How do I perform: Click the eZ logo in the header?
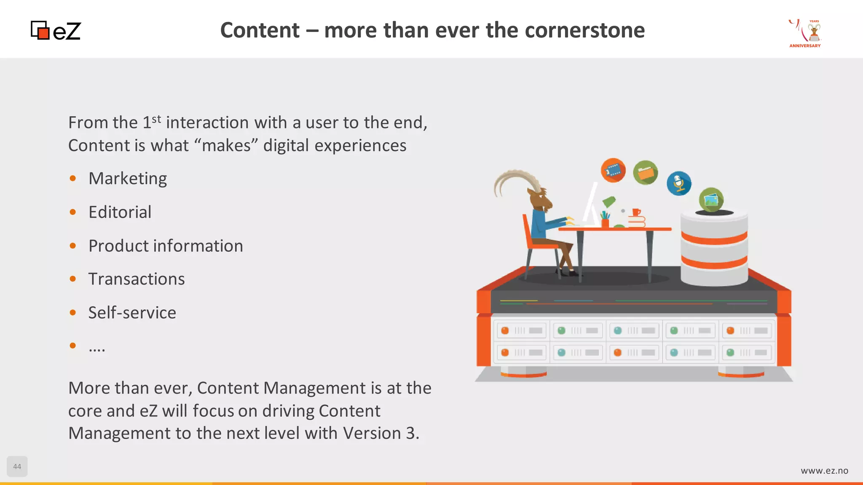click(56, 31)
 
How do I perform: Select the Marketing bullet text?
click(128, 179)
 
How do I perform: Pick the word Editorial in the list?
click(120, 212)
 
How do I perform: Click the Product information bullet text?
click(166, 246)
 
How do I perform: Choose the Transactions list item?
click(137, 279)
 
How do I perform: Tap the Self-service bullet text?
click(132, 313)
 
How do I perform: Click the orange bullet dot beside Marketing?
click(73, 179)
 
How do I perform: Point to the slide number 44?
click(17, 466)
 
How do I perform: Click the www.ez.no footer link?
click(824, 471)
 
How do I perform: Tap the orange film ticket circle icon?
click(613, 171)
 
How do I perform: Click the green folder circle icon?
click(646, 173)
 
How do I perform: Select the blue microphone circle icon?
click(679, 184)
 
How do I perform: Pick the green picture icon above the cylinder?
click(711, 200)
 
